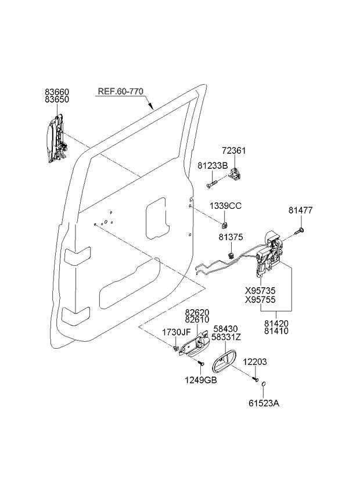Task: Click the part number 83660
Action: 57,92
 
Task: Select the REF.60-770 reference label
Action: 121,91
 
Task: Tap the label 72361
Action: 234,151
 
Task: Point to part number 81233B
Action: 213,166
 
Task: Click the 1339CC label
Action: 225,206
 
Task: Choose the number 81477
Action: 301,210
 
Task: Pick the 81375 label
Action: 231,237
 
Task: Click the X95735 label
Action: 260,291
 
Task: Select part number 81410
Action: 276,331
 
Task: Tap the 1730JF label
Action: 177,332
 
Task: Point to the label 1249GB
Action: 201,380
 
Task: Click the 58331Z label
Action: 226,337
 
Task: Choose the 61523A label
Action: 264,403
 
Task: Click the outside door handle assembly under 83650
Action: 56,138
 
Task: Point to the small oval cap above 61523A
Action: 264,384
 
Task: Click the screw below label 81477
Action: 300,231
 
